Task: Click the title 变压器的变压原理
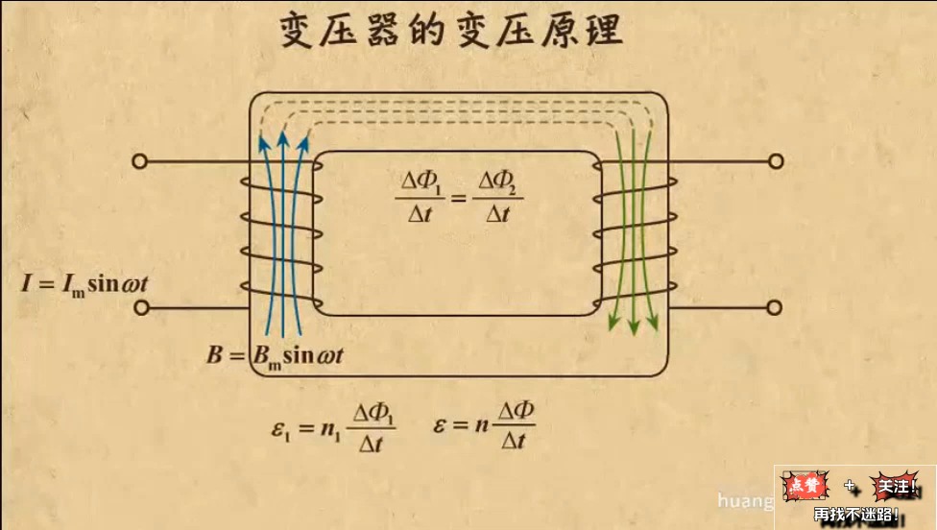point(451,33)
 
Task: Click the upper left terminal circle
point(140,161)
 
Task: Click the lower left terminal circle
point(140,308)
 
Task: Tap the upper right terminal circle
point(776,161)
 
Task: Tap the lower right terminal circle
point(776,308)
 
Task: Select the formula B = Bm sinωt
point(275,356)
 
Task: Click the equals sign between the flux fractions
point(457,198)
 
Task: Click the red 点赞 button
point(807,487)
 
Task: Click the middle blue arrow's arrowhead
point(283,139)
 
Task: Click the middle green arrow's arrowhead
point(634,326)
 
